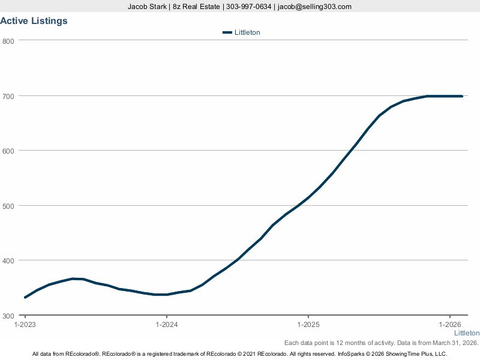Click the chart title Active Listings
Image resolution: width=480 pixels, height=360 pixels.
point(34,21)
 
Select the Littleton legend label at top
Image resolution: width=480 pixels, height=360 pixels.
point(247,32)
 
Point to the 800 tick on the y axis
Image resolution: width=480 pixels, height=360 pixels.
point(8,41)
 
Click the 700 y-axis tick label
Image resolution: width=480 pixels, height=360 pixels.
point(8,96)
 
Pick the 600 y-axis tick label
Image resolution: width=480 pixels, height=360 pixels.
point(8,151)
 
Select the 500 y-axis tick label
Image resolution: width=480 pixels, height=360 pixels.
point(8,206)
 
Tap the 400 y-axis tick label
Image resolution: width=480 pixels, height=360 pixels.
point(8,260)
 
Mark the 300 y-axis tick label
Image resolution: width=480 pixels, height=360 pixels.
point(8,316)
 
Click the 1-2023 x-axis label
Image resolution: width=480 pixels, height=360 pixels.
point(25,325)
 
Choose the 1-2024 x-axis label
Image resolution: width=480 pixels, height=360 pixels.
point(166,325)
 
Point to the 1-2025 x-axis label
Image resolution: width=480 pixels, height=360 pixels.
point(308,325)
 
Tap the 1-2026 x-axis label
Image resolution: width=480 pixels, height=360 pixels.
point(450,325)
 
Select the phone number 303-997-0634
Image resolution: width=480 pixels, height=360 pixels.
point(248,7)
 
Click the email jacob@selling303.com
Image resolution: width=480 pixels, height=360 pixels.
point(314,7)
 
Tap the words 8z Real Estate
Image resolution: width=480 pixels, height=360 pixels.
point(196,7)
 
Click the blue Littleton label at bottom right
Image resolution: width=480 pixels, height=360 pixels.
point(466,333)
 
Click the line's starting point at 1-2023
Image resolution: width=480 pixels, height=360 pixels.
point(25,298)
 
